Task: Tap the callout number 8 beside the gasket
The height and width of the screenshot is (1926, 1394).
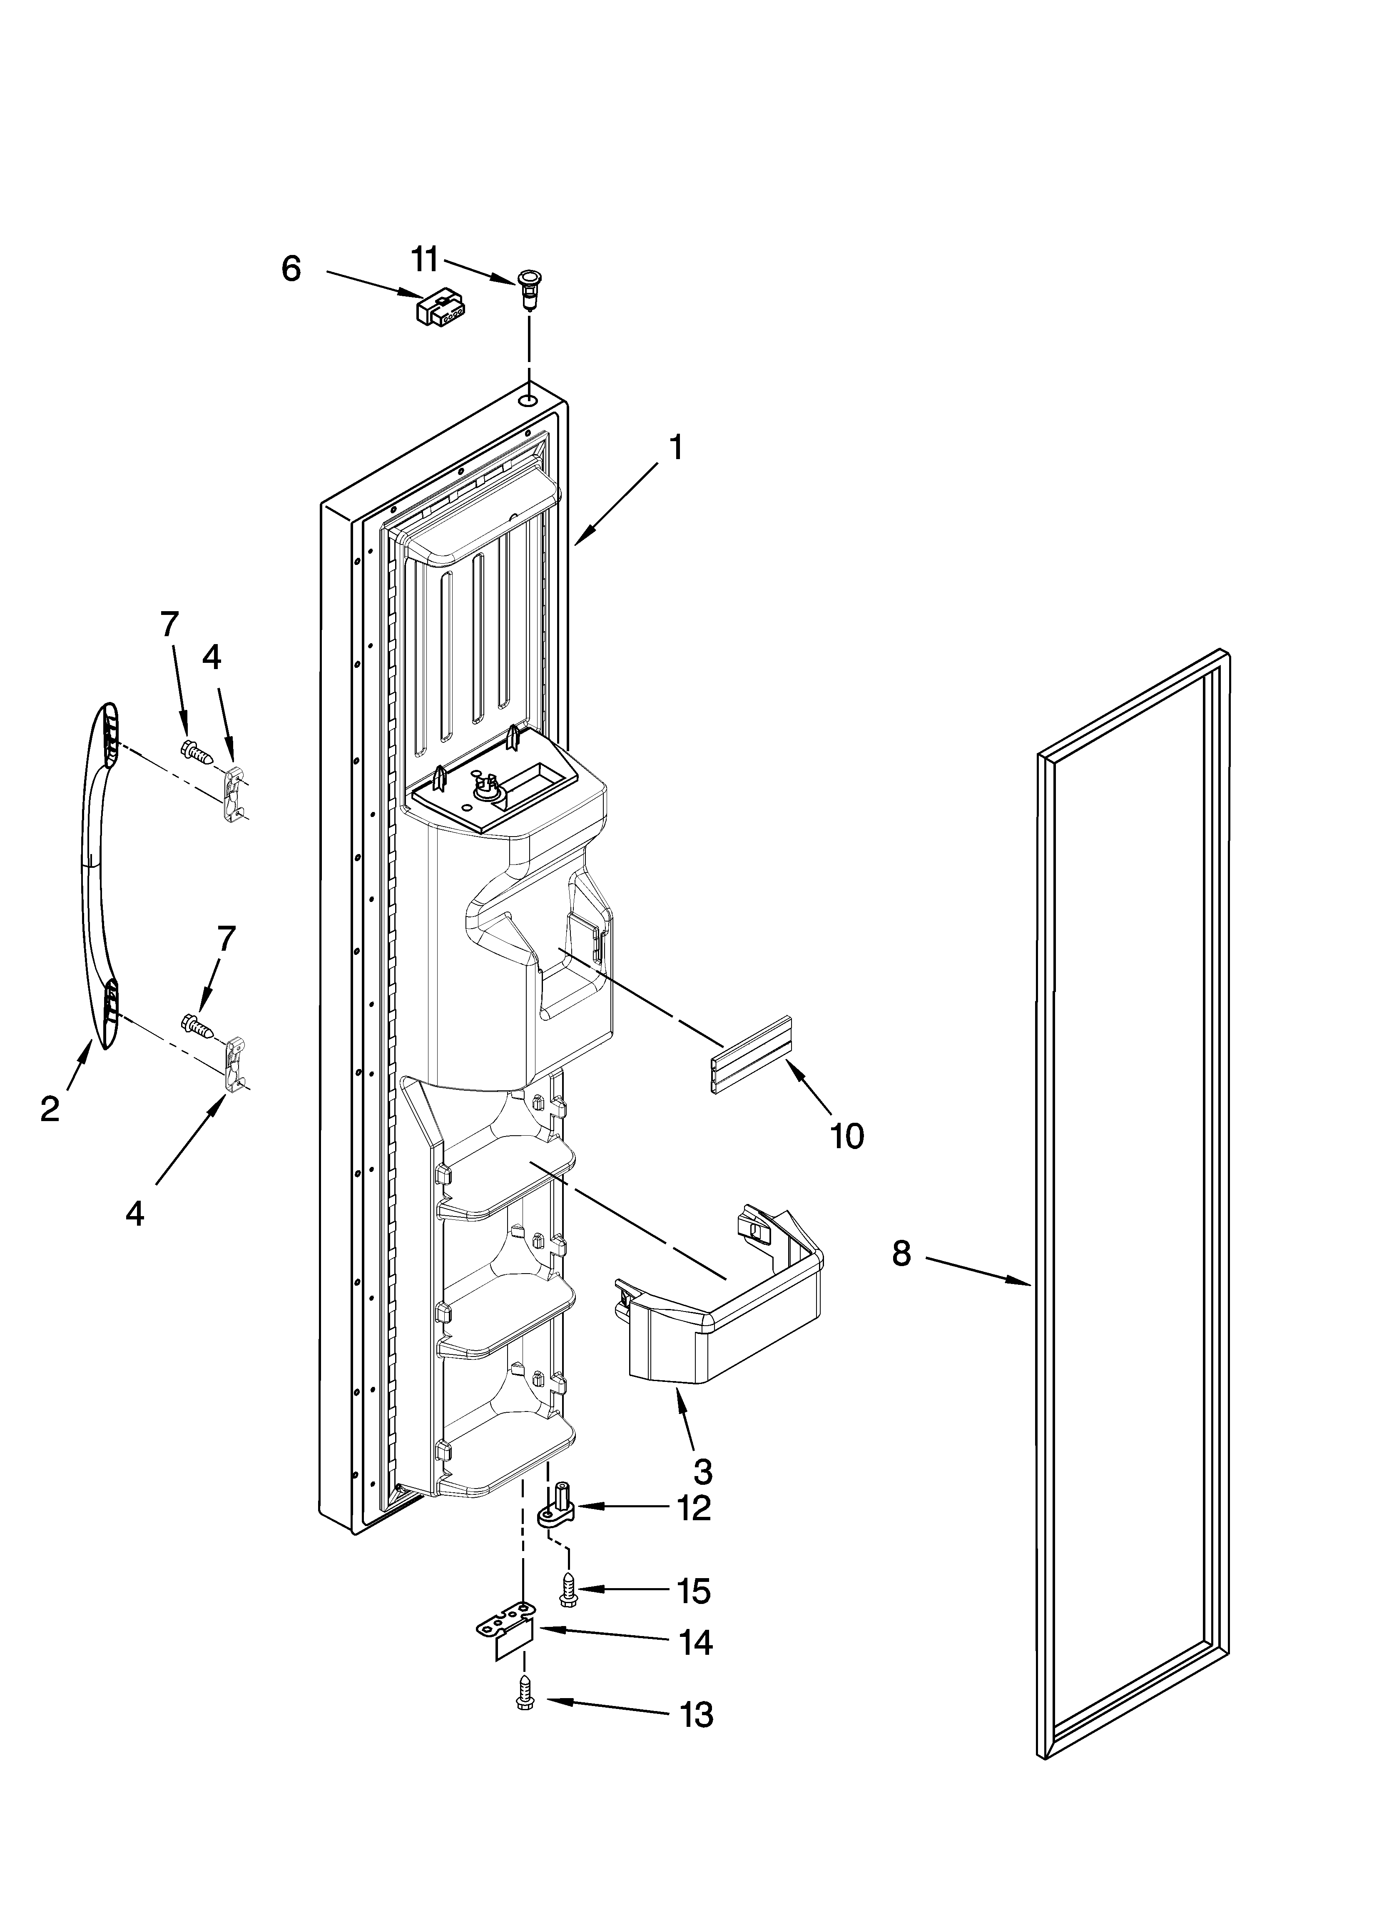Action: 901,1253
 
